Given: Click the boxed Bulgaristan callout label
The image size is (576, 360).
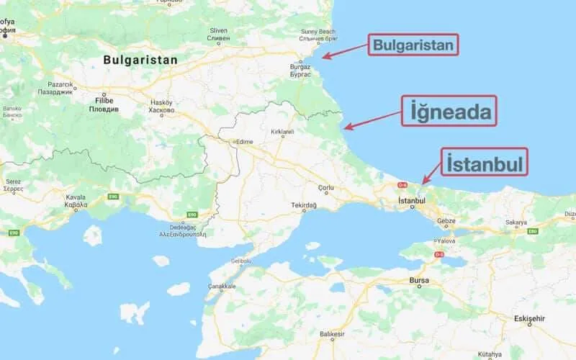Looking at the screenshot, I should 414,47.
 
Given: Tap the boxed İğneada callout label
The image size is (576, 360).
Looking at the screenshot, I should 449,112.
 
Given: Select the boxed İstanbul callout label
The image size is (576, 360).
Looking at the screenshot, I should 484,163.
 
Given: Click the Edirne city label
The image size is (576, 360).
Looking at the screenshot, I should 244,142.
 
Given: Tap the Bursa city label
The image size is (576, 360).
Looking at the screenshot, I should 418,279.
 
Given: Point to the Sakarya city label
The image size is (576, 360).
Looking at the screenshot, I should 516,223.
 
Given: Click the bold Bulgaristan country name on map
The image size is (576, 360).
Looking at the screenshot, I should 140,60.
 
